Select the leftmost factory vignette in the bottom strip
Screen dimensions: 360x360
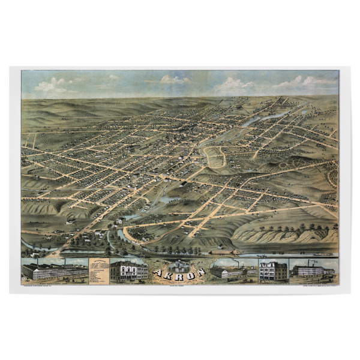(x=54, y=270)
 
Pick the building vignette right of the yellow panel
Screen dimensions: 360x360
(x=128, y=271)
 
